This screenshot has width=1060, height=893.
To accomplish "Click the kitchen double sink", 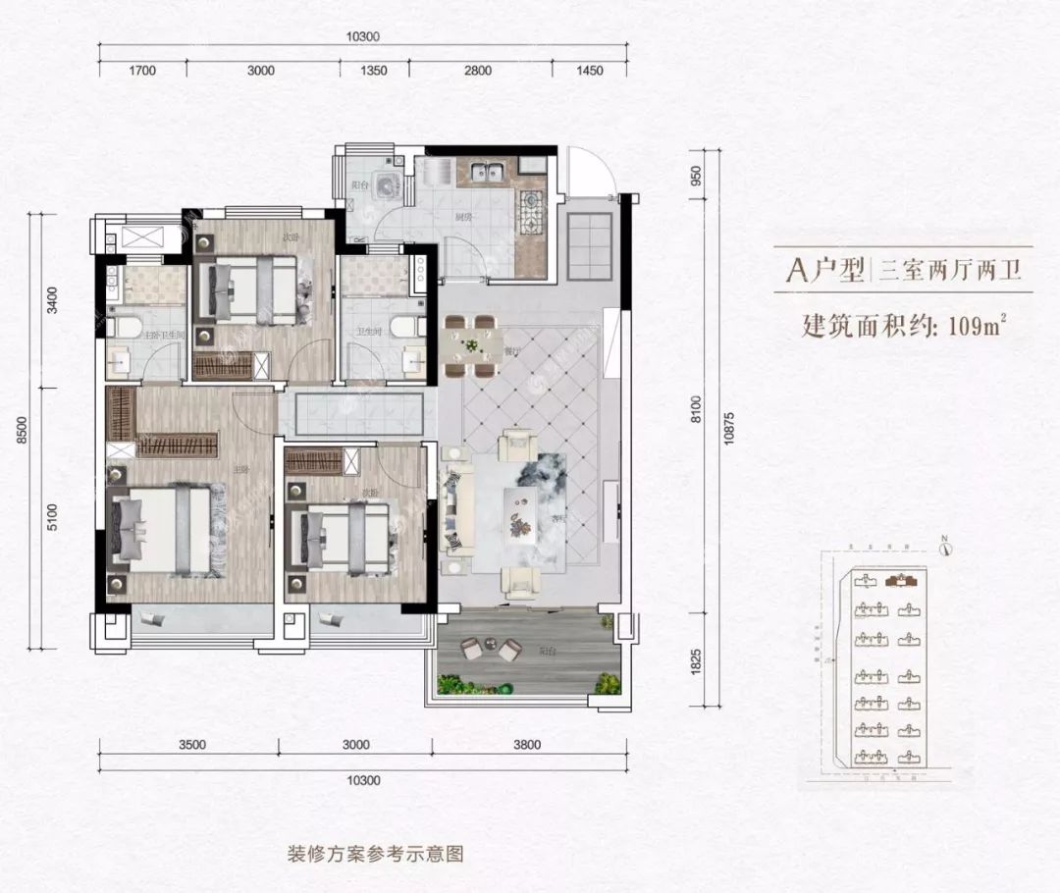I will [x=486, y=174].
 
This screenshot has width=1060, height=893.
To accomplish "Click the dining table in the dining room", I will [x=471, y=346].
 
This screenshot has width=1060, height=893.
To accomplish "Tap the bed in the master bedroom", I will [x=161, y=531].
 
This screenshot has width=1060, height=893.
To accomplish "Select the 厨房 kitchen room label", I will [x=464, y=220].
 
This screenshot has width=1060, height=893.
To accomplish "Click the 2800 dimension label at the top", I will [x=476, y=71].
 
